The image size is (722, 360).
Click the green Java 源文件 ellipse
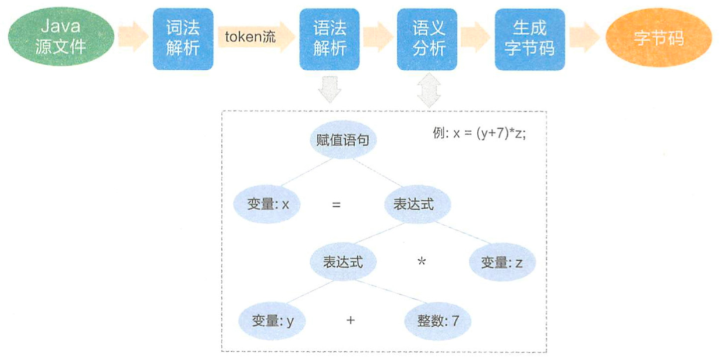[61, 37]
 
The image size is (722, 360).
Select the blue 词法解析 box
[183, 39]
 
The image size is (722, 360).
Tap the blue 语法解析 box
[330, 39]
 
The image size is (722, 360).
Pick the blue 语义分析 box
[427, 39]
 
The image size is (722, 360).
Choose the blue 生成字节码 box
[530, 39]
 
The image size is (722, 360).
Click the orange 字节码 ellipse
[659, 37]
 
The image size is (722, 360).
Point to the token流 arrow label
[250, 37]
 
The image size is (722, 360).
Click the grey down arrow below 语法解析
[330, 90]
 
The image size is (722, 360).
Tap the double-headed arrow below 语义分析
[429, 90]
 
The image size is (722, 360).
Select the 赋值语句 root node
[343, 140]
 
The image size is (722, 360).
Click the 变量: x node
[267, 204]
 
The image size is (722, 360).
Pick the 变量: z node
[502, 262]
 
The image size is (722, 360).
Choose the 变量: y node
[272, 320]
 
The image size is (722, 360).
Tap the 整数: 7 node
[438, 320]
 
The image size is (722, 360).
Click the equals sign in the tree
[336, 204]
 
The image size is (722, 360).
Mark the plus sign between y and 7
[351, 320]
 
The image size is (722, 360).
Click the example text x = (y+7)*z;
[489, 133]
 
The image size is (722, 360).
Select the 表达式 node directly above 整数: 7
[344, 262]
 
